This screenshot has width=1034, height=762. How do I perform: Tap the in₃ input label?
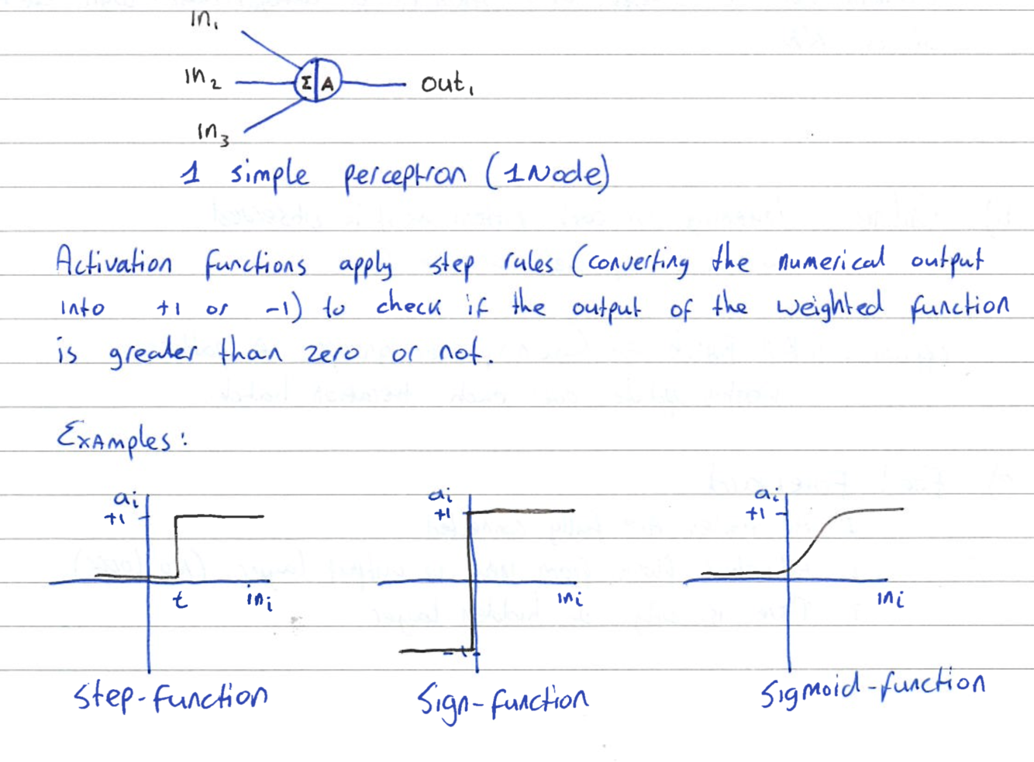point(212,133)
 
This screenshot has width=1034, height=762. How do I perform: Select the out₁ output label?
point(446,83)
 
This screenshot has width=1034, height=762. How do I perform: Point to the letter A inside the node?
point(328,84)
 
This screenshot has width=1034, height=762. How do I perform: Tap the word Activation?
point(113,261)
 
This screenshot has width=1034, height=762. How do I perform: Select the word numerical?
point(831,260)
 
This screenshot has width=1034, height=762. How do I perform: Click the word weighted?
point(829,305)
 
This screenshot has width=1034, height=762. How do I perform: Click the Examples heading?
point(120,438)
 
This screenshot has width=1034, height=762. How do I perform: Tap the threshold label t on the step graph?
point(180,599)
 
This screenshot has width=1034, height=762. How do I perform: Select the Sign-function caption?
point(502,701)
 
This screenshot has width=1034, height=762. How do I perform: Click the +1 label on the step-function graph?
point(115,519)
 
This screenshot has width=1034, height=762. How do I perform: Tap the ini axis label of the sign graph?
point(570,598)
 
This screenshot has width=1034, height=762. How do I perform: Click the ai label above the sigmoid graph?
point(767,494)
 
